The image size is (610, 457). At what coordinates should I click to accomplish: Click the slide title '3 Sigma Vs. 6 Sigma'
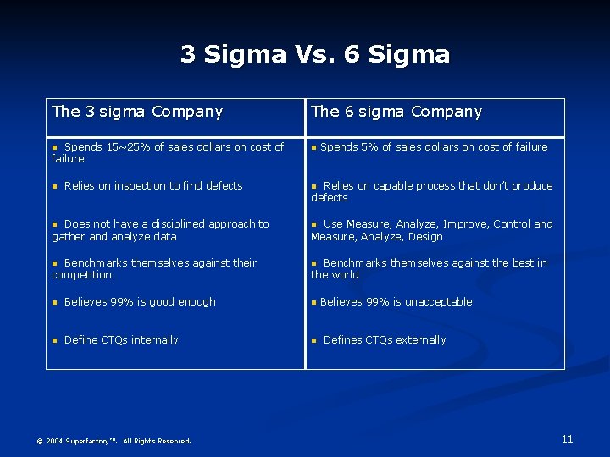(315, 55)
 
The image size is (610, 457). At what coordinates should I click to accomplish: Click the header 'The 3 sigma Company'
(137, 112)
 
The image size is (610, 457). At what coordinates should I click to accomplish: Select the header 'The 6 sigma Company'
(396, 112)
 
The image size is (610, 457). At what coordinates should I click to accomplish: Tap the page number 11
(567, 438)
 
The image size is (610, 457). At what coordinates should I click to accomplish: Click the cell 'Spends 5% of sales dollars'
(433, 147)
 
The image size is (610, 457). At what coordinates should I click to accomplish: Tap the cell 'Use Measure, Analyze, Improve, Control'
(431, 230)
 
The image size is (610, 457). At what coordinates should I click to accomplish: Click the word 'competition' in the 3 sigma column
(81, 275)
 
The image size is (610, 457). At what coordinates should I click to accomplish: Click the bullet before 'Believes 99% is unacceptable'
(314, 302)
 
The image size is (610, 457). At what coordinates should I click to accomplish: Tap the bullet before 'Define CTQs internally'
(54, 340)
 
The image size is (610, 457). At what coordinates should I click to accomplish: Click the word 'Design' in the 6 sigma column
(425, 237)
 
